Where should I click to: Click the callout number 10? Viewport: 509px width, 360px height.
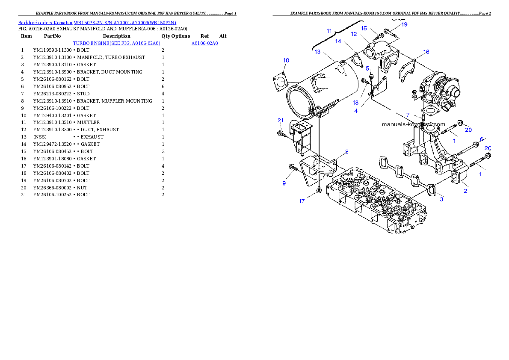pyautogui.click(x=286, y=60)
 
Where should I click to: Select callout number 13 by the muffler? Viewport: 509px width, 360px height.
pyautogui.click(x=317, y=52)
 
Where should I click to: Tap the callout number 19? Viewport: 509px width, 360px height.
pyautogui.click(x=404, y=24)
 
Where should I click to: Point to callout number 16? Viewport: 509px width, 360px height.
pyautogui.click(x=426, y=52)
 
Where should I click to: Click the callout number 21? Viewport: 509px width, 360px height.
pyautogui.click(x=281, y=120)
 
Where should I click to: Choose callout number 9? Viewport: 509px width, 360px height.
pyautogui.click(x=284, y=183)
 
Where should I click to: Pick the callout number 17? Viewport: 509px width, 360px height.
pyautogui.click(x=302, y=201)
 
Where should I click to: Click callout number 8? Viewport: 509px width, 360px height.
pyautogui.click(x=346, y=151)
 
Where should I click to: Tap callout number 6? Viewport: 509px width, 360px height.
pyautogui.click(x=481, y=139)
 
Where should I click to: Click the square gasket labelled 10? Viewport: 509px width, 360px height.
pyautogui.click(x=280, y=82)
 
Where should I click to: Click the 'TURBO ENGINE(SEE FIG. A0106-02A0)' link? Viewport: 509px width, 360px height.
pyautogui.click(x=116, y=44)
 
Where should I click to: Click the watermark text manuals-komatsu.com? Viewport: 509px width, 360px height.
pyautogui.click(x=413, y=124)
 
